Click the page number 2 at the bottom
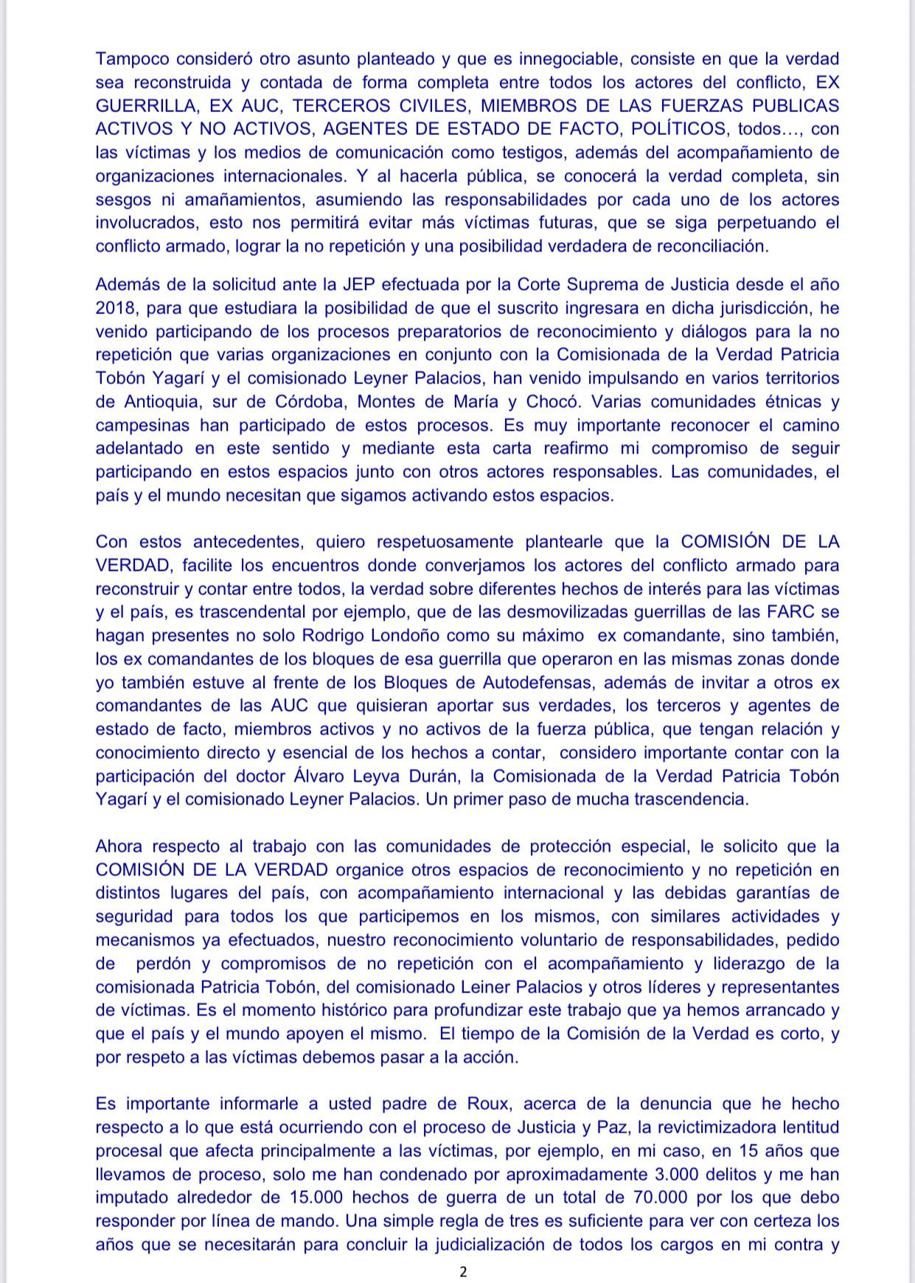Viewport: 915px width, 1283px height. coord(463,1271)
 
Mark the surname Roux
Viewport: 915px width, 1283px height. coord(487,1104)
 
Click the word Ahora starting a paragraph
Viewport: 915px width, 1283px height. coord(120,846)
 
